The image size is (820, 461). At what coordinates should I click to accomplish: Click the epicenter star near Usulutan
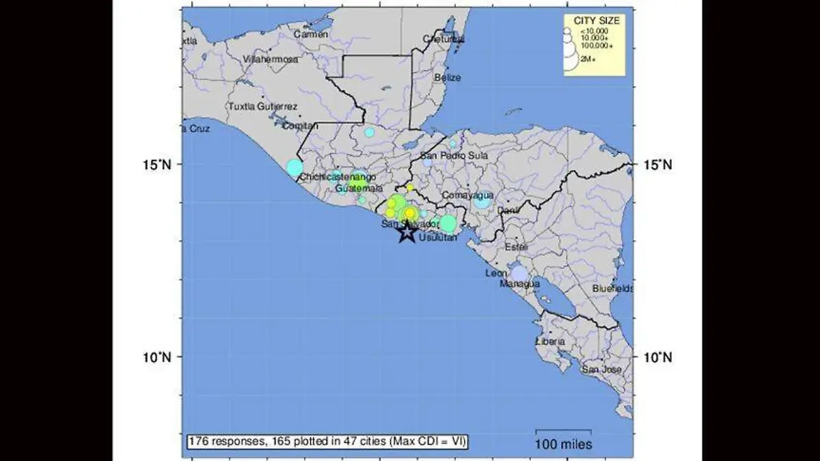tap(407, 233)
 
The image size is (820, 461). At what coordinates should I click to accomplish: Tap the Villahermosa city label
tap(271, 59)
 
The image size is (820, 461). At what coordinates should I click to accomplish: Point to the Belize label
tap(448, 78)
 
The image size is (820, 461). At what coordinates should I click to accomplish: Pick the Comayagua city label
tap(468, 195)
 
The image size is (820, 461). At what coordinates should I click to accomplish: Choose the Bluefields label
tap(613, 289)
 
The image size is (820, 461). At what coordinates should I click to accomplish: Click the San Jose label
tap(601, 369)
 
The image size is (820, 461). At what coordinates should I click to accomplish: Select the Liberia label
tap(551, 341)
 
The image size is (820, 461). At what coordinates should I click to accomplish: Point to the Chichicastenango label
tap(338, 177)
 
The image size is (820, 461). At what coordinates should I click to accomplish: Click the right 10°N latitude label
tap(657, 357)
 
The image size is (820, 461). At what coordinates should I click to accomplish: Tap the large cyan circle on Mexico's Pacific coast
tap(295, 167)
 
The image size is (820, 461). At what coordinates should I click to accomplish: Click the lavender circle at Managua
tap(519, 274)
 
